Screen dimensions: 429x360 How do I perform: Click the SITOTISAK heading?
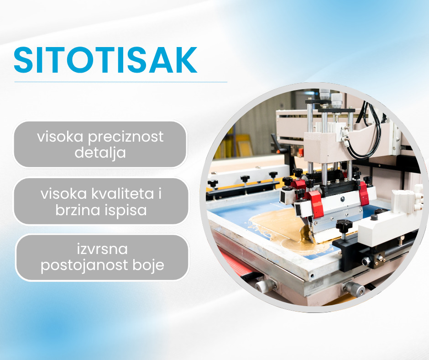point(105,60)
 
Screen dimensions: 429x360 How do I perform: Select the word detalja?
point(100,153)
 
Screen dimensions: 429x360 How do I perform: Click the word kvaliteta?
point(123,194)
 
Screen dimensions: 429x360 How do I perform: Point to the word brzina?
point(78,210)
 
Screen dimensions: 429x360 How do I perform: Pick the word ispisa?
point(126,211)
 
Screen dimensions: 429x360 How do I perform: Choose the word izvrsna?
point(102,249)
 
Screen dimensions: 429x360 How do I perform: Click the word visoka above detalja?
point(60,137)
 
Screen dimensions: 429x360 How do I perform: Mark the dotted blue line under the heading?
point(120,82)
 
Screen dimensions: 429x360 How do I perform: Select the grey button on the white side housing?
point(374,217)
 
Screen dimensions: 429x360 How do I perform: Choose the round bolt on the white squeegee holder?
point(342,199)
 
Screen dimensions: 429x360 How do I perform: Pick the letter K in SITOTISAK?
point(187,60)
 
